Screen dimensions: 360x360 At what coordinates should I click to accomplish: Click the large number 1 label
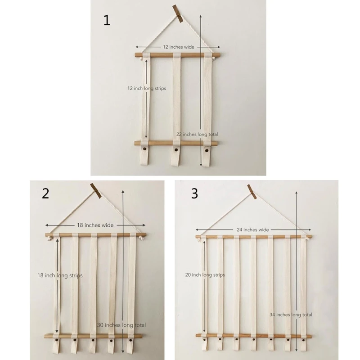(x=107, y=20)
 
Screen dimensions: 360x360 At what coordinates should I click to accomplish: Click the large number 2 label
(x=45, y=193)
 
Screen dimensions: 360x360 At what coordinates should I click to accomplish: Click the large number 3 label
(x=194, y=193)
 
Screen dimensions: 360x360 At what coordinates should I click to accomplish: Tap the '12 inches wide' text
(x=179, y=47)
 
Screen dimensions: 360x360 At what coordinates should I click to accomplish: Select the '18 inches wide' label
(x=95, y=225)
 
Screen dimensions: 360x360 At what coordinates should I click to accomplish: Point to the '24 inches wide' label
(x=253, y=229)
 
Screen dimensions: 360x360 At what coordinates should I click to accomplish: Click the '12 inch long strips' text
(x=147, y=88)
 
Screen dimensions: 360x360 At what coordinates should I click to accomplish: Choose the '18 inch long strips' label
(x=60, y=275)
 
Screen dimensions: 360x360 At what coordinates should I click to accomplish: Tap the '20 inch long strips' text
(x=205, y=275)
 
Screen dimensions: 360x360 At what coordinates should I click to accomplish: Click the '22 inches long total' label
(x=197, y=134)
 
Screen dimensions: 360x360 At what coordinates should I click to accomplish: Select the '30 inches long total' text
(x=121, y=325)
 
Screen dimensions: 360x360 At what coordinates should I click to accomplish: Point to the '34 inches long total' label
(x=291, y=315)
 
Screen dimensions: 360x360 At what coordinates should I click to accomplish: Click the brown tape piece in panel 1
(x=178, y=13)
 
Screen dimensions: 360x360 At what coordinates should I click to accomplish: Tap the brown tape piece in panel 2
(x=96, y=191)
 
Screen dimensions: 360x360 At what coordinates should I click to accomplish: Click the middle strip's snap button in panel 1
(x=176, y=150)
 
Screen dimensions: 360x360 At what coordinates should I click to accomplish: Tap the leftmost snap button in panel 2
(x=56, y=340)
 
